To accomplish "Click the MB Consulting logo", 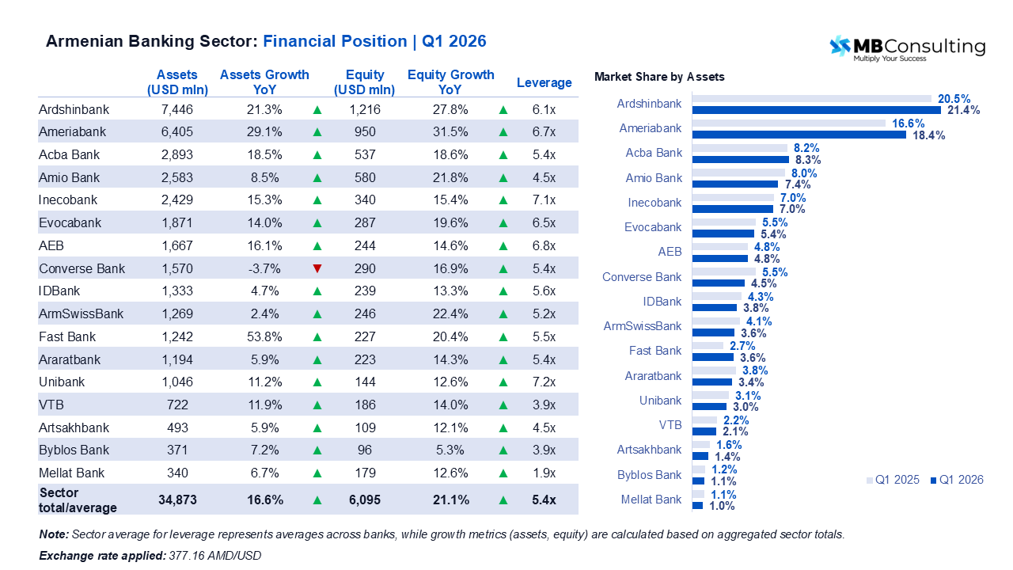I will [x=906, y=48].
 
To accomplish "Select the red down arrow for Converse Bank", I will [x=317, y=268].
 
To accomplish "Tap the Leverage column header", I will [x=544, y=82].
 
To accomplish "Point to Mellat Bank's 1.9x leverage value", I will [x=544, y=473].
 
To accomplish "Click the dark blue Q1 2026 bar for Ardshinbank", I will [x=816, y=110].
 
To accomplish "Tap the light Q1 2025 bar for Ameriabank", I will [x=788, y=123].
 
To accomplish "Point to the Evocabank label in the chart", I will [x=653, y=227].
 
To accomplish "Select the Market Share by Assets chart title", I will [x=659, y=77].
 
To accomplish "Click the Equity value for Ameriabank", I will [x=365, y=131].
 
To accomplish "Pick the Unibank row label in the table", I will [x=62, y=382].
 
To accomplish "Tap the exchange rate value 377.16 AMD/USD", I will [x=214, y=556].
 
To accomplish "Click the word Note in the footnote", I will [x=54, y=534].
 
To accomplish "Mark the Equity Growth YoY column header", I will [x=450, y=82].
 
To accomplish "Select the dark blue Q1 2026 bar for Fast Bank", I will [x=713, y=357].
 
